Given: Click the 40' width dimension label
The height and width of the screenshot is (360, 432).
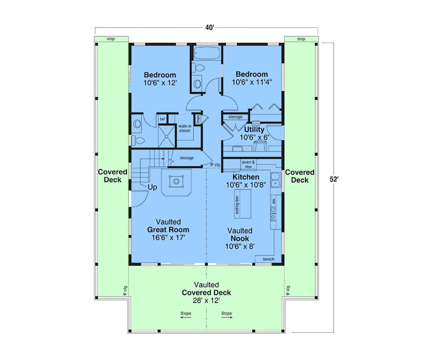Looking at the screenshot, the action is click(x=210, y=27).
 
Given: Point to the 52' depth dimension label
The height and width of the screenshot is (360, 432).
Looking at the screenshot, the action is click(x=334, y=179).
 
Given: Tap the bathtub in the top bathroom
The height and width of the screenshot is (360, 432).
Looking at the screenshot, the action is click(x=207, y=53).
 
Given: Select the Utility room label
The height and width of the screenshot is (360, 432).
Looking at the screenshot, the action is click(x=254, y=129).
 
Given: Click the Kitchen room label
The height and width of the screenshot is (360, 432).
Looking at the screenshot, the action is click(x=246, y=177).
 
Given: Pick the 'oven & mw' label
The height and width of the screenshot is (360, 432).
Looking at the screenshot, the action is click(x=248, y=164).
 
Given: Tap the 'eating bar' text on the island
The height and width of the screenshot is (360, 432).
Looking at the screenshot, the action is click(x=237, y=205).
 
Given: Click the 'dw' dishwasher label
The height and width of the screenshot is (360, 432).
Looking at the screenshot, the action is click(x=274, y=201).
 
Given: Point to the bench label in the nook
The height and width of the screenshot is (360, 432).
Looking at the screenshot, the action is click(x=269, y=259).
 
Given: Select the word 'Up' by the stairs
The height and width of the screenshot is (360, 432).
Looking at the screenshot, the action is click(x=152, y=187).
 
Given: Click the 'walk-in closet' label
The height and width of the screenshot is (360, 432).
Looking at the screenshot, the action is click(x=185, y=128).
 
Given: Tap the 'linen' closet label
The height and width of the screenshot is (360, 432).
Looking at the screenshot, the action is click(x=198, y=119).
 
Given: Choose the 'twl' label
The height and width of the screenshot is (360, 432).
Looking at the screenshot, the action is click(x=162, y=119).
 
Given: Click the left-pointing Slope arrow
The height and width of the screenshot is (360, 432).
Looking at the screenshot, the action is click(x=186, y=317).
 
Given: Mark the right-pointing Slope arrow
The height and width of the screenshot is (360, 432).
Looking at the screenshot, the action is click(x=227, y=317).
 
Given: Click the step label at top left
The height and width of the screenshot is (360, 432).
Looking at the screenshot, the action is click(x=111, y=39).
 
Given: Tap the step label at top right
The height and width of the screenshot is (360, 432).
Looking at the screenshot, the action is click(x=301, y=39).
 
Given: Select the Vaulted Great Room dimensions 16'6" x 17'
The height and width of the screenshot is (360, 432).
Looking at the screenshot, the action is click(x=168, y=237).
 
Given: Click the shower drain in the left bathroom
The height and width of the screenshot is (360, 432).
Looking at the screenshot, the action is click(x=166, y=136).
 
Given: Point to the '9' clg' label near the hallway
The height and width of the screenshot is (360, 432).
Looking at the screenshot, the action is click(x=215, y=165).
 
